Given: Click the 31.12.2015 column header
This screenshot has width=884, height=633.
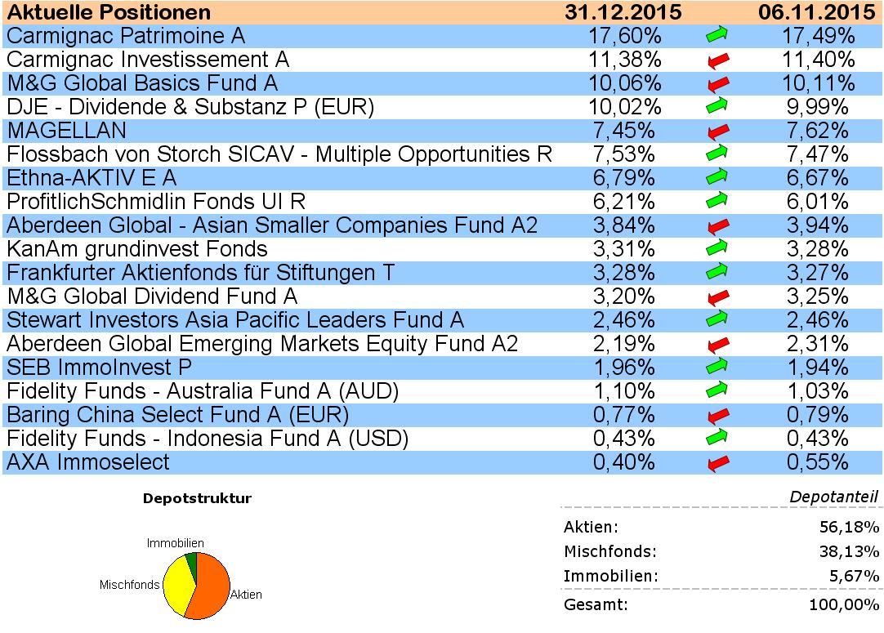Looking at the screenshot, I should click(624, 12).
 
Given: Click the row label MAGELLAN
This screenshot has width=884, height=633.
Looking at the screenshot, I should click(66, 131).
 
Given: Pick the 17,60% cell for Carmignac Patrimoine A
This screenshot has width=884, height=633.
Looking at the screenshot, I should click(624, 36).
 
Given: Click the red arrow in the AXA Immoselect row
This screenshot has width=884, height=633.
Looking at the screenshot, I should click(717, 463).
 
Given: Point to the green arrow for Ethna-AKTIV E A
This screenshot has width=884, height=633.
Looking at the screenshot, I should click(717, 176).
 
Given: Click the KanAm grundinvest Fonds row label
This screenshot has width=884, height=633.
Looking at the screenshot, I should click(137, 249).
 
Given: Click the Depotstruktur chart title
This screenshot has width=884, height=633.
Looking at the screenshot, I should click(197, 497).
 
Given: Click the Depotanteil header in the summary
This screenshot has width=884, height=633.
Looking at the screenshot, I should click(833, 497).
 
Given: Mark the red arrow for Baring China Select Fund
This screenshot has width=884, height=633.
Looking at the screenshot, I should click(717, 416).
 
